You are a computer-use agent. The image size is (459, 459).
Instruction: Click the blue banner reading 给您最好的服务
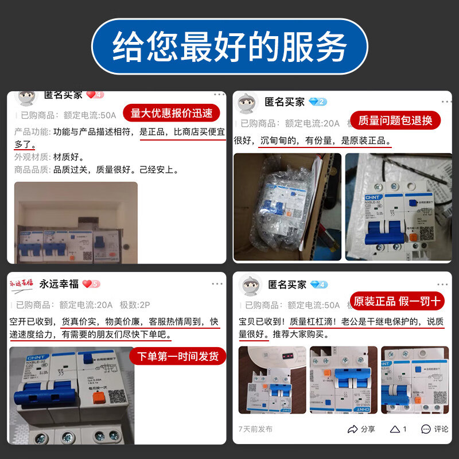[x=229, y=47]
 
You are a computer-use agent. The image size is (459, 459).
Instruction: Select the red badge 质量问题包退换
[x=395, y=120]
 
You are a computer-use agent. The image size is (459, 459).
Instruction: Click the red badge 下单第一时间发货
[x=177, y=356]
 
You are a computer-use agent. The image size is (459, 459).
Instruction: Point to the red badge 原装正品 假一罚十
[x=397, y=301]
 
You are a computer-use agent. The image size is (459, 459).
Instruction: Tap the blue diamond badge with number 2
[x=317, y=102]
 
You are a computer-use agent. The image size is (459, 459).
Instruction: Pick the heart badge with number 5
[x=91, y=283]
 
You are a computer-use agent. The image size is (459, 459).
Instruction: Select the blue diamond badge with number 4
[x=318, y=285]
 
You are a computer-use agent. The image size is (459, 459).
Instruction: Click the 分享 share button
[x=361, y=429]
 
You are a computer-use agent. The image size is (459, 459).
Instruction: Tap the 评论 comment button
[x=434, y=429]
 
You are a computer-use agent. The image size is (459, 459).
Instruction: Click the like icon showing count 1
[x=398, y=429]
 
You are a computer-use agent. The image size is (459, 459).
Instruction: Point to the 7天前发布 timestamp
[x=255, y=429]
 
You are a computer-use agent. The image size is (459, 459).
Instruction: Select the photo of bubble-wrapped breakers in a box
[x=287, y=207]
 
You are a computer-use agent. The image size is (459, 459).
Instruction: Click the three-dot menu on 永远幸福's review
[x=217, y=284]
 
